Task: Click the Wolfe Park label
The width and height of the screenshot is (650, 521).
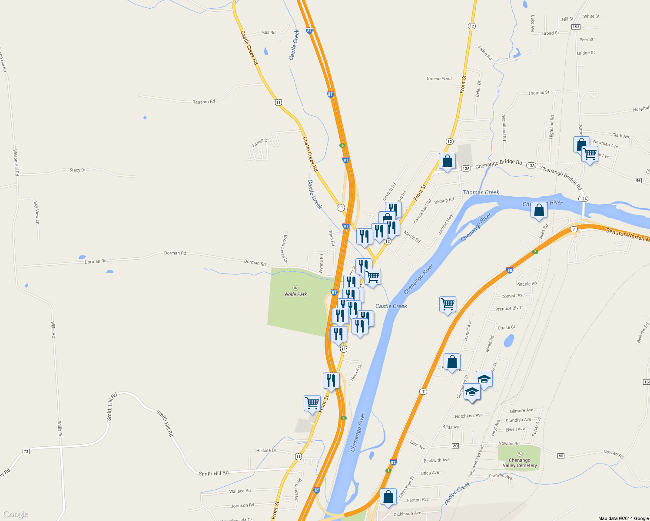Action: point(295,294)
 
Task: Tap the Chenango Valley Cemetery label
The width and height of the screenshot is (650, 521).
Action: point(520,463)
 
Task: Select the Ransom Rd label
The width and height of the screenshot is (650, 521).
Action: point(203,102)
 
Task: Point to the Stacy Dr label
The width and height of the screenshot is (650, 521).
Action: point(77,170)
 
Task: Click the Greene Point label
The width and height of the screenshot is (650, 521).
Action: point(439,79)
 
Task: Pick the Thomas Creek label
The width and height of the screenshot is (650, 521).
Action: point(481,192)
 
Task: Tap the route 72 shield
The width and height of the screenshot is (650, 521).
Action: point(26,452)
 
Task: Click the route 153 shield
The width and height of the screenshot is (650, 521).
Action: point(576,27)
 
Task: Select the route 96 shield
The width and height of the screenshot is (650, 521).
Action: point(638,181)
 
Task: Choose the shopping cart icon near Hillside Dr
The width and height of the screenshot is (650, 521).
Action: point(312,403)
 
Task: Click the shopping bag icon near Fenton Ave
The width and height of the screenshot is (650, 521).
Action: point(388,496)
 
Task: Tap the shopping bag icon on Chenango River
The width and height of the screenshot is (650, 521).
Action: point(539,210)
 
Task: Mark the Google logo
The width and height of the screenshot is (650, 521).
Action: point(16,514)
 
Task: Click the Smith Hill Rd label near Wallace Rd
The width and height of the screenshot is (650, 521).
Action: point(213,473)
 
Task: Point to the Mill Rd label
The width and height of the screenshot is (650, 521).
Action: point(269,33)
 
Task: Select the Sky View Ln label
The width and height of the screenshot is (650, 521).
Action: point(36,213)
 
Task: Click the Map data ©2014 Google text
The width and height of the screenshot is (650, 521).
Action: point(623,518)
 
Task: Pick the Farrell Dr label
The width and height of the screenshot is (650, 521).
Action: point(261,143)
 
